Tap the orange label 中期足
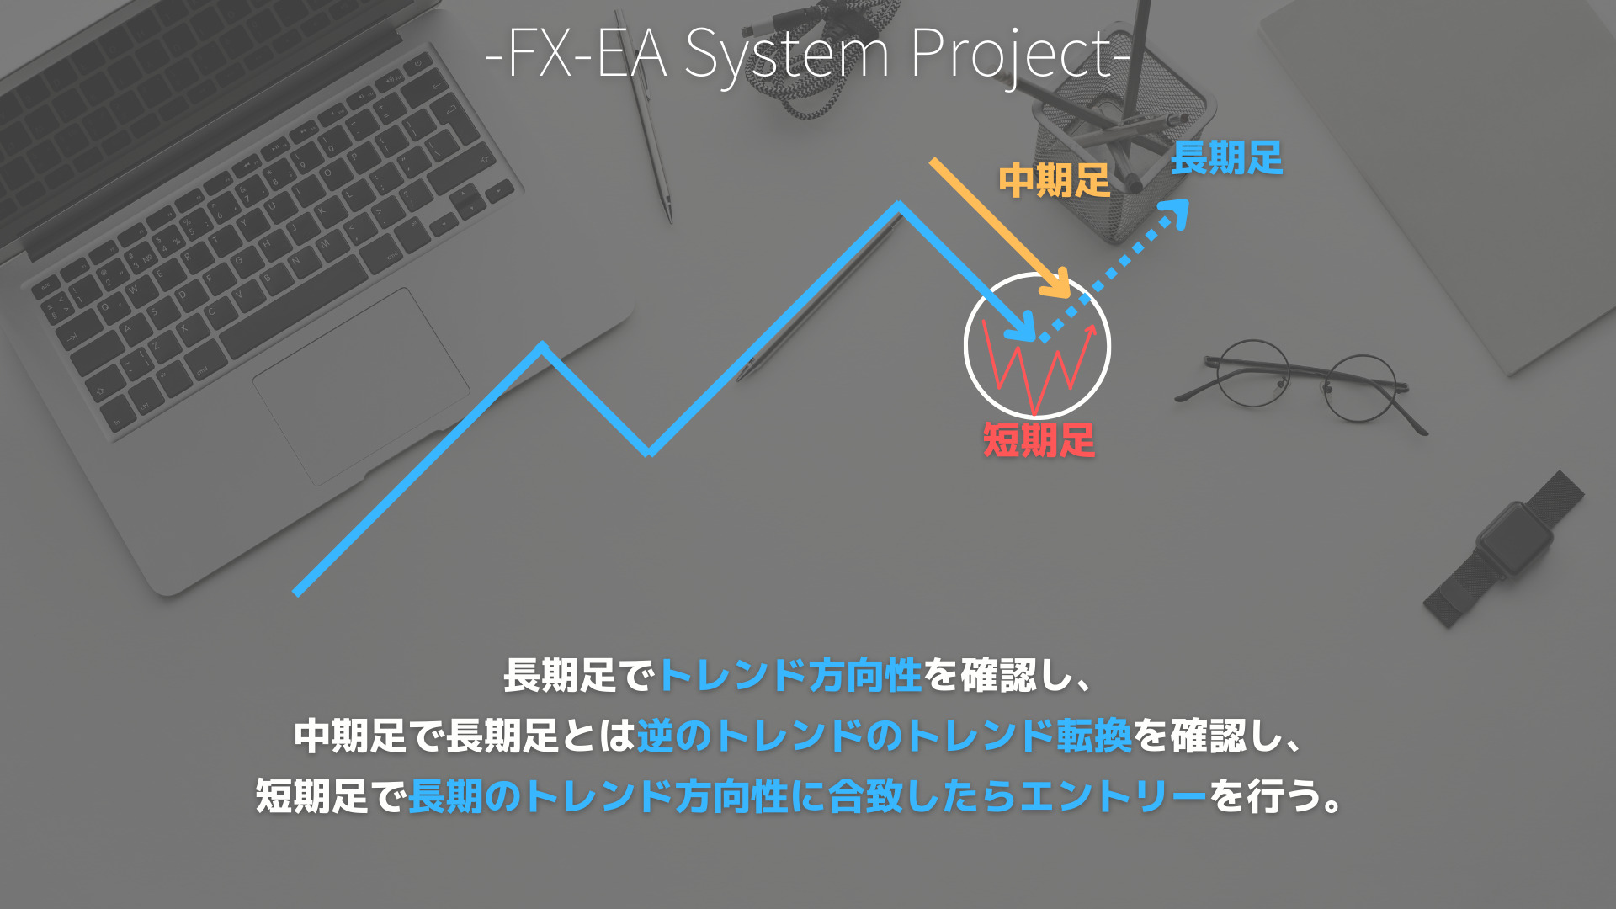[x=1054, y=181]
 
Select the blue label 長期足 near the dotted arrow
[x=1226, y=158]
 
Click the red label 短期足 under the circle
[x=1039, y=440]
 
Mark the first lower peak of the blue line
[x=543, y=346]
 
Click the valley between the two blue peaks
[x=649, y=452]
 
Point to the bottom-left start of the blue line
[x=297, y=592]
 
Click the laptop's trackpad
[x=361, y=386]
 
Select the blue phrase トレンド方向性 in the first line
[x=790, y=676]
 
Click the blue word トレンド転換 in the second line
[x=1018, y=736]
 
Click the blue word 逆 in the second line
[x=655, y=736]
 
